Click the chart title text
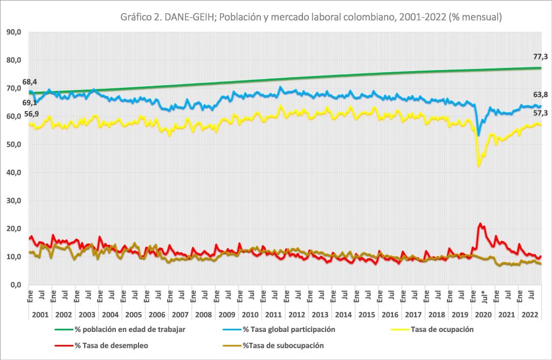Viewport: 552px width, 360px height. (311, 17)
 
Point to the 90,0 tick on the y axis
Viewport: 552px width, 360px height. (13, 32)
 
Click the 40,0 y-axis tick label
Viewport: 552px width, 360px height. (13, 172)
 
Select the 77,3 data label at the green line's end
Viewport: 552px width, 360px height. (540, 57)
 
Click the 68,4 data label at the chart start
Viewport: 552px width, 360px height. (30, 82)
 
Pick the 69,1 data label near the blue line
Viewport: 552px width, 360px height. (30, 103)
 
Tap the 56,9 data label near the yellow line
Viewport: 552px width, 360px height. (31, 114)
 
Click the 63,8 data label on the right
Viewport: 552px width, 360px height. (540, 95)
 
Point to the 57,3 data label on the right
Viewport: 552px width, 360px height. (540, 113)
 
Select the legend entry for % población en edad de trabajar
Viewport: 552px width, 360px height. (120, 330)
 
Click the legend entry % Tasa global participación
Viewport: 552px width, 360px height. (279, 330)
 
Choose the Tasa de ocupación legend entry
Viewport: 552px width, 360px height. (432, 330)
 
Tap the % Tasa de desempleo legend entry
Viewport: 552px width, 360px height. (101, 345)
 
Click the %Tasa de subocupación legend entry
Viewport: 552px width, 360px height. (273, 345)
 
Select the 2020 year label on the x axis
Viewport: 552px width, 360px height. (483, 315)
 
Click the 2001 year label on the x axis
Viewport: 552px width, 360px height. (40, 315)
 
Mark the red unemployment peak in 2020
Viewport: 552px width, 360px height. (480, 224)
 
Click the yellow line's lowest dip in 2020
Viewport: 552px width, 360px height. (479, 166)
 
